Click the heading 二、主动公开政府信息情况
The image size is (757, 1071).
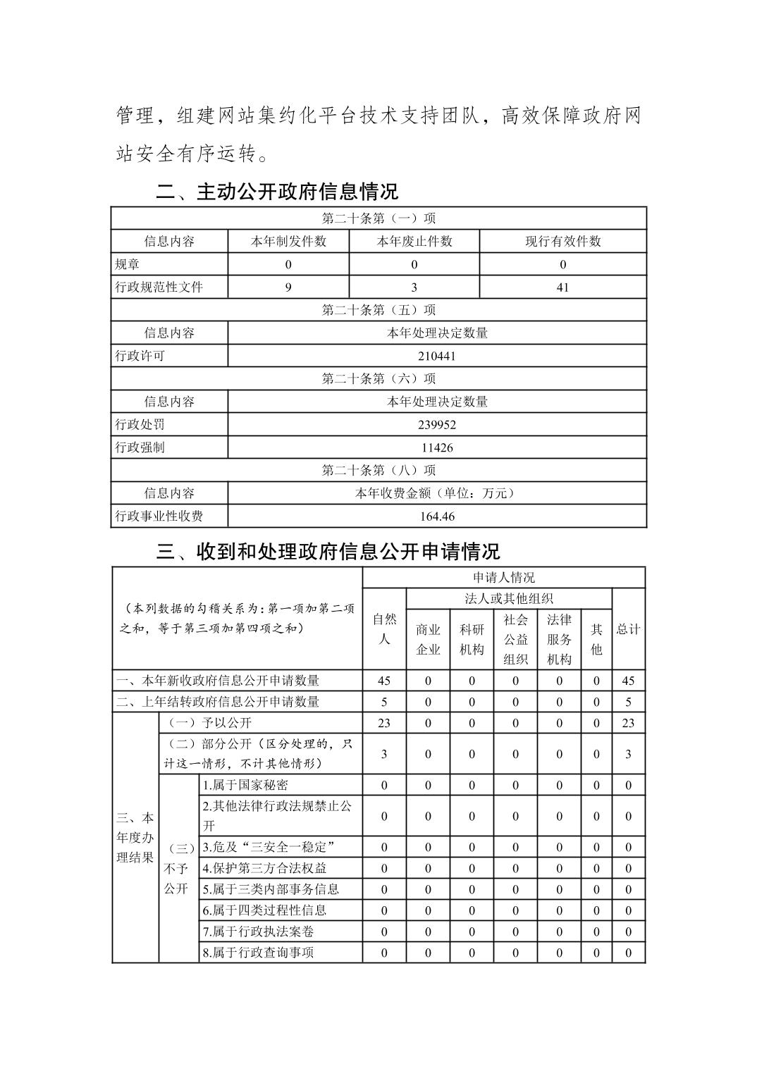coord(276,192)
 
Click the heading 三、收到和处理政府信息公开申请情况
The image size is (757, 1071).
coord(328,552)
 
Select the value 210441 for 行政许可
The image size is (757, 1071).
coord(437,356)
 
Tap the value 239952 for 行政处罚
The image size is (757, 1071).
coord(437,425)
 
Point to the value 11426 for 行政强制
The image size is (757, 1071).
coord(437,447)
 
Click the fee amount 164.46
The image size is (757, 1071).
coord(437,516)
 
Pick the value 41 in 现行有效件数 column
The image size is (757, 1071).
coord(562,287)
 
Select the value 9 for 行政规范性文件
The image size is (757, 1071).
coord(288,287)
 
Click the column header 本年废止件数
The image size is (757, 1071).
coord(414,241)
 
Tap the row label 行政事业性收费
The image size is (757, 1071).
coord(159,516)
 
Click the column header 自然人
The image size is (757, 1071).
coord(384,629)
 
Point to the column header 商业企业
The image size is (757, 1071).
coord(428,639)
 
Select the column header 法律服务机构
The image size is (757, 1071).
coord(559,639)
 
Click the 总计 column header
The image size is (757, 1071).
coord(628,629)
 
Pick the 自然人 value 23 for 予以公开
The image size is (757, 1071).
coord(384,723)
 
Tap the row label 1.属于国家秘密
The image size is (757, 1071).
coord(245,785)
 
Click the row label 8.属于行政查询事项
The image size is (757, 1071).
coord(258,953)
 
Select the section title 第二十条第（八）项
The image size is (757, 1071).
coord(378,470)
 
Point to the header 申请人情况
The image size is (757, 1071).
coord(504,578)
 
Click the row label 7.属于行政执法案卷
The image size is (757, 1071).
coord(258,931)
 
